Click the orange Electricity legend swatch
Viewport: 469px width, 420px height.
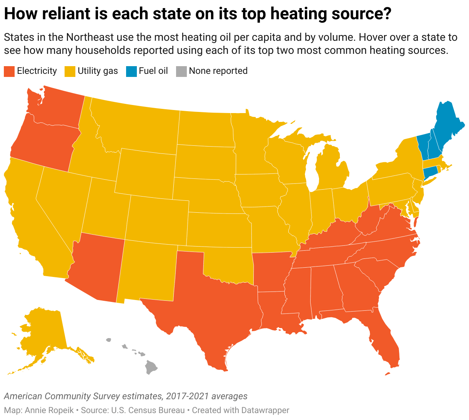[9, 71]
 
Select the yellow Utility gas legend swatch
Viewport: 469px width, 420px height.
[70, 71]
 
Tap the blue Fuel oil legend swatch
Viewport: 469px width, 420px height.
[131, 71]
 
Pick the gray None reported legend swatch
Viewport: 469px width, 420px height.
[181, 71]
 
